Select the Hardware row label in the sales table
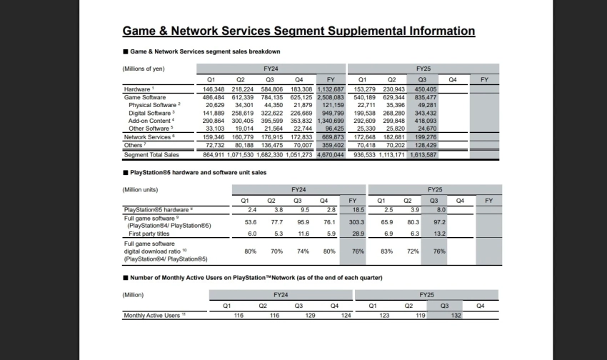[137, 89]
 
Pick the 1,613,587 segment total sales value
[422, 155]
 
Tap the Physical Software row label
[151, 105]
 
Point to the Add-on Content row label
[149, 121]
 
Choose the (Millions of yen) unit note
[144, 69]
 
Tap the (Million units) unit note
[141, 189]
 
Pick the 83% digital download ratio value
[386, 251]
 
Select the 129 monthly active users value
[301, 315]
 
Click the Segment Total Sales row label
[151, 155]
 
